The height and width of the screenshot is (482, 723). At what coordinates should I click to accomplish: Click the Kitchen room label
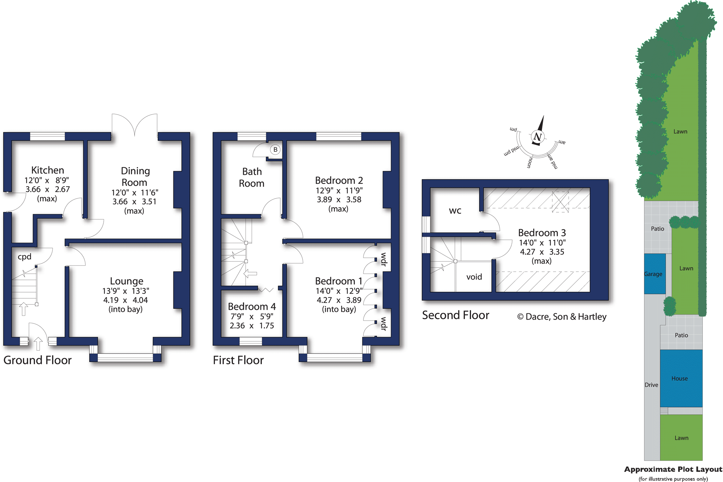[x=48, y=170]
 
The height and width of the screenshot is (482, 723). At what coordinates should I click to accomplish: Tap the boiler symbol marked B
[x=275, y=149]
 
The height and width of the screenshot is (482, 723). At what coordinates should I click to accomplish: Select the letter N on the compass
[x=537, y=137]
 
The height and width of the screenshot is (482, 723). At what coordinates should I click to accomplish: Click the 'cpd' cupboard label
[x=24, y=257]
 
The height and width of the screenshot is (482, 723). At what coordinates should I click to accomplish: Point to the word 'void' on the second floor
[x=474, y=277]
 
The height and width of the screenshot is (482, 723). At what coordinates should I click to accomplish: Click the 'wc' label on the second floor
[x=455, y=211]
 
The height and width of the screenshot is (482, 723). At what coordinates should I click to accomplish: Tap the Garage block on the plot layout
[x=655, y=274]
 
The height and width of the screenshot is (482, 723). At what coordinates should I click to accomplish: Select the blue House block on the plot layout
[x=681, y=378]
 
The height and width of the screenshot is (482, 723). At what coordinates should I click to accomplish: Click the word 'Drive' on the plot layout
[x=651, y=385]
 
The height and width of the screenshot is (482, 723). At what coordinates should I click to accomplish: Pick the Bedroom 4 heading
[x=252, y=306]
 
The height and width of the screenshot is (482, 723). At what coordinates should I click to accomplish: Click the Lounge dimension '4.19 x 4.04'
[x=125, y=300]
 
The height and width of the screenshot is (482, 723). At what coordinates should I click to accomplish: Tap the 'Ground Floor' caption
[x=37, y=360]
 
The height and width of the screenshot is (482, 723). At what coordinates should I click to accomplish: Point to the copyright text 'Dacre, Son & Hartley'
[x=566, y=317]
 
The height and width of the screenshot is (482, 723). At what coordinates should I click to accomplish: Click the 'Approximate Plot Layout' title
[x=673, y=469]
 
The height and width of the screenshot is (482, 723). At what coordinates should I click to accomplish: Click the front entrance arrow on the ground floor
[x=38, y=344]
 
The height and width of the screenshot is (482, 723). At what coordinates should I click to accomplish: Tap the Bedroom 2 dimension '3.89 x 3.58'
[x=339, y=200]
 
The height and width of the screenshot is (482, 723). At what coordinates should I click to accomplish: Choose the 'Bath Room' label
[x=252, y=177]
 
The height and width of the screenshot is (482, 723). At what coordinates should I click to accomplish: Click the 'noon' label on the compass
[x=529, y=163]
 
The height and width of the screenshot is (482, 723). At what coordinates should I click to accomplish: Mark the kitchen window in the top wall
[x=47, y=136]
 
